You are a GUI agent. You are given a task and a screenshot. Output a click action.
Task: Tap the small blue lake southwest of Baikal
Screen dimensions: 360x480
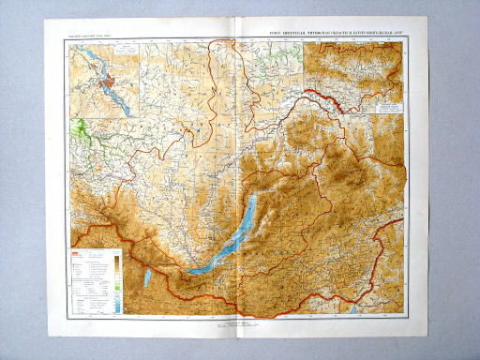pyautogui.click(x=147, y=278)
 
